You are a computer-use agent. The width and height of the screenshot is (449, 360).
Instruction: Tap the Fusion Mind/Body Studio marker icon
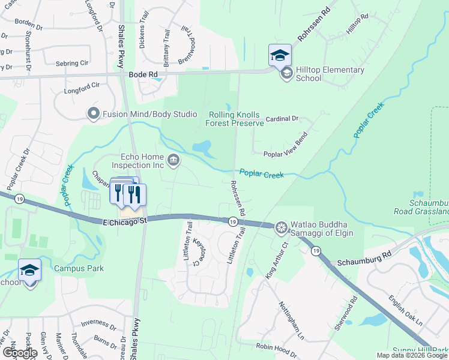pos(93,113)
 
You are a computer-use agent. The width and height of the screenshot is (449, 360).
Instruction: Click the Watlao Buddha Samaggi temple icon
pos(281,228)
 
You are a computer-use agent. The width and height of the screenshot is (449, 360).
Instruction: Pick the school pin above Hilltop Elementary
pos(280,56)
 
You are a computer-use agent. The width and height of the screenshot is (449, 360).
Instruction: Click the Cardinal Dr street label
pos(282,119)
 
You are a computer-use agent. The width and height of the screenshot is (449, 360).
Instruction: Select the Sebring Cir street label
pos(71,63)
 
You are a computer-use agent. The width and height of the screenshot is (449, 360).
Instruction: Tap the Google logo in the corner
pos(19,353)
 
